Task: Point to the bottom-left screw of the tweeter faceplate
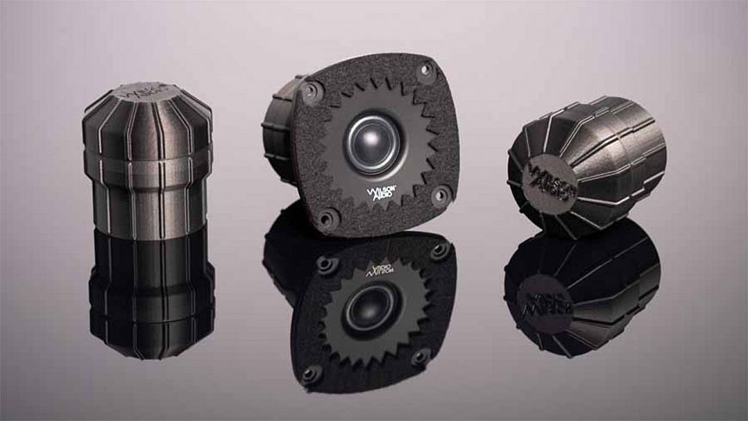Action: point(326,217)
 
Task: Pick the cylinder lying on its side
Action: point(587,164)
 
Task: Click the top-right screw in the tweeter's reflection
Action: point(439,251)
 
